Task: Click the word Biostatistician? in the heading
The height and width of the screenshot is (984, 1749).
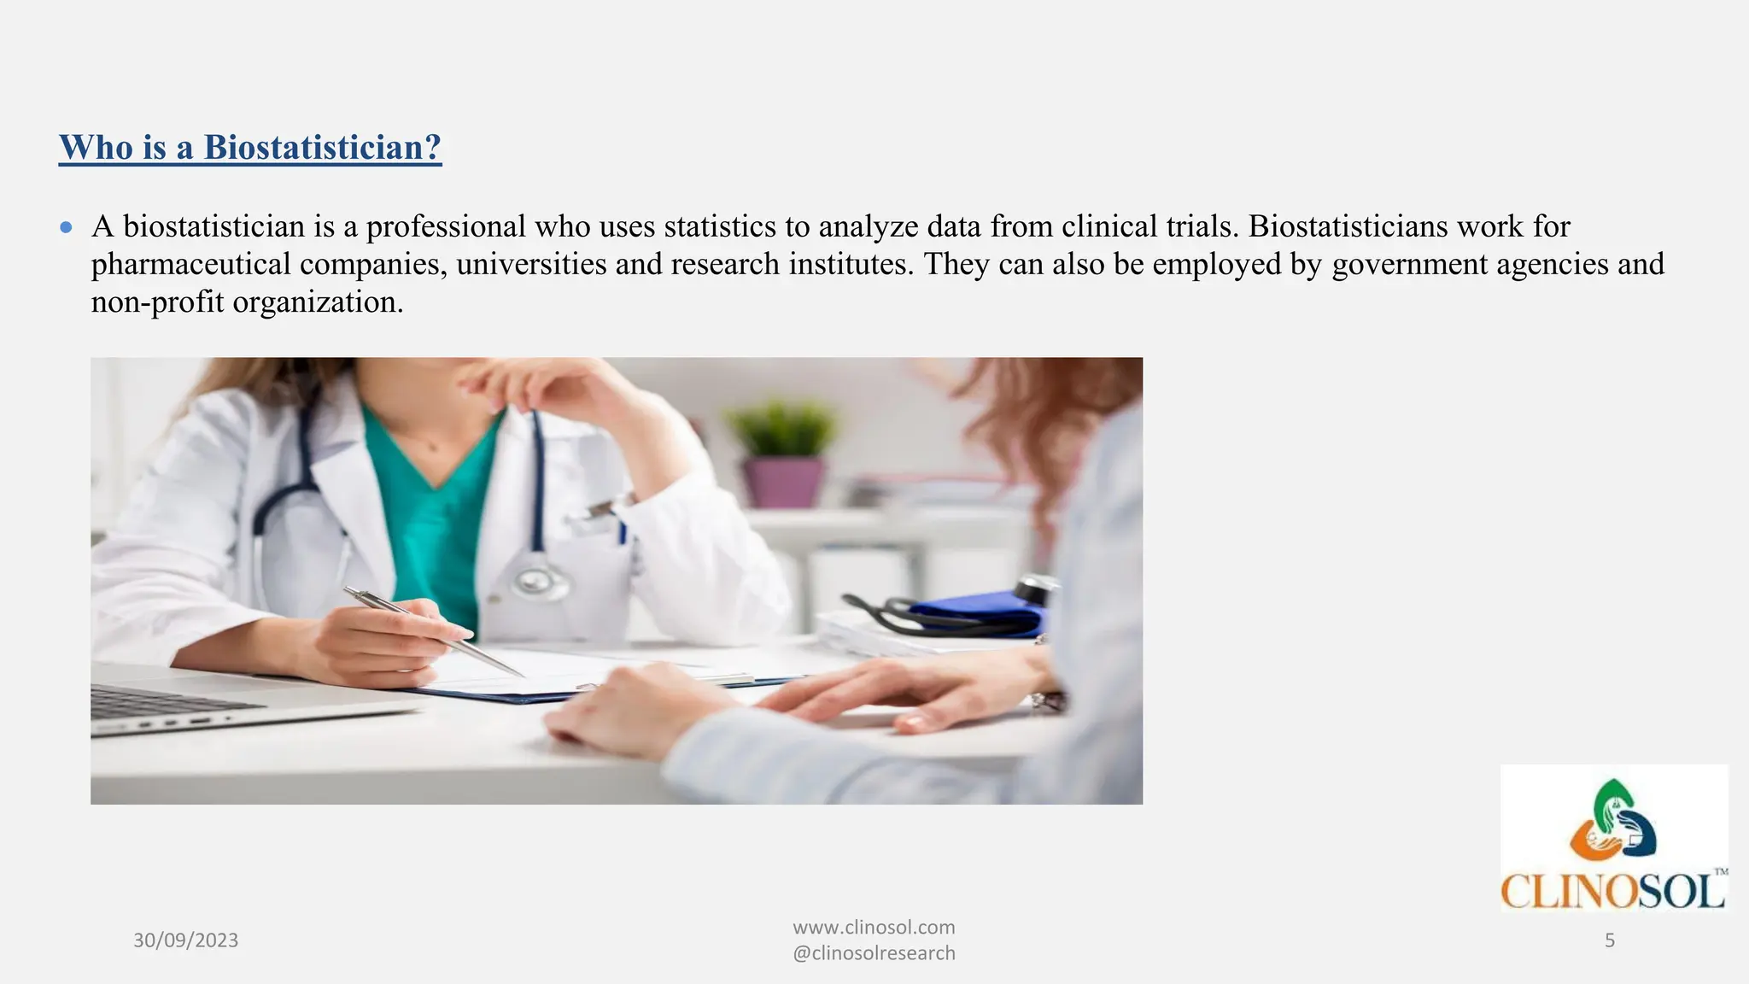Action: [322, 148]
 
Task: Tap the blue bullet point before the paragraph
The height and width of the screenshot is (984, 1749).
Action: [67, 227]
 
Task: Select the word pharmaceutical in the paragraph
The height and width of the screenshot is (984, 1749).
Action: [190, 264]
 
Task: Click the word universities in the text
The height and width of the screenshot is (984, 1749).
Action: [531, 264]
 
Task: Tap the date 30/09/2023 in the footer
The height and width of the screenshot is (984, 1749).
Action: [185, 940]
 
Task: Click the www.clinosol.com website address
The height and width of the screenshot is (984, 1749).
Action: [874, 928]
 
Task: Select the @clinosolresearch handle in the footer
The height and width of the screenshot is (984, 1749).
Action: [874, 953]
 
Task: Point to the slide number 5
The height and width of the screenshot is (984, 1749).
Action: [1610, 940]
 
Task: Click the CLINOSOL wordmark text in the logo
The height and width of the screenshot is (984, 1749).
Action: [1613, 892]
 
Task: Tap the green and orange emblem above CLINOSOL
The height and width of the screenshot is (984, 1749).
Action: [1613, 821]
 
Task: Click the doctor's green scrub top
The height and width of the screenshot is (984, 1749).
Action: [436, 512]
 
